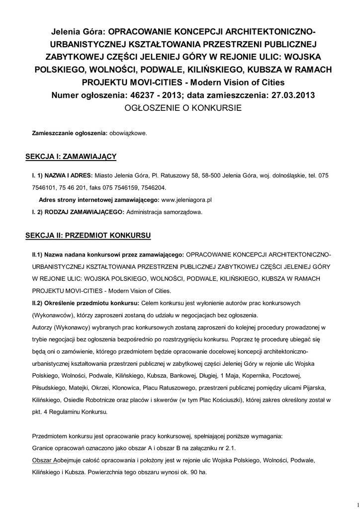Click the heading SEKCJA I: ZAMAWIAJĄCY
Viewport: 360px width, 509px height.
click(71, 157)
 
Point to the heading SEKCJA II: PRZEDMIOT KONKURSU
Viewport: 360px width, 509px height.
click(89, 234)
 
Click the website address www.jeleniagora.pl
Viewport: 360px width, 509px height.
click(187, 199)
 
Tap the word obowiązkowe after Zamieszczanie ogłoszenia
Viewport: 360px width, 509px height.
click(128, 134)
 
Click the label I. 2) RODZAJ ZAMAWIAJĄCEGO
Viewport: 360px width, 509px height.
click(78, 211)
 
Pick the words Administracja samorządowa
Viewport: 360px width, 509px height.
click(165, 211)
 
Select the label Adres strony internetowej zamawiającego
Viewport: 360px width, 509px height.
click(98, 199)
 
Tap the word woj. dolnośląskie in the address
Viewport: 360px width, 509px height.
click(282, 176)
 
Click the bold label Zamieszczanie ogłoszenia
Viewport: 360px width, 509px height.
click(70, 134)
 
